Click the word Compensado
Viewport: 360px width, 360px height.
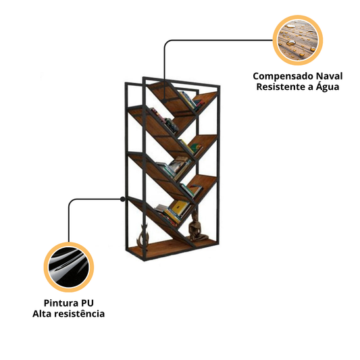coord(283,76)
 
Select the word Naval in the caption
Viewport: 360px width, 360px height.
coord(329,76)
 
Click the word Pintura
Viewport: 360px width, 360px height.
coord(59,303)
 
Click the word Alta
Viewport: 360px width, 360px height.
coord(41,313)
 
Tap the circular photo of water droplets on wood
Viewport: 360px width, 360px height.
coord(298,40)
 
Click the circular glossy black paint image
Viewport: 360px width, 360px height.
coord(69,267)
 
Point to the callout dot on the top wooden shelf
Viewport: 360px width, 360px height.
coord(164,101)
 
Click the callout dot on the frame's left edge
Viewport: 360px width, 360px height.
coord(123,199)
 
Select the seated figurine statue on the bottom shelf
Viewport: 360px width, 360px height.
coord(196,226)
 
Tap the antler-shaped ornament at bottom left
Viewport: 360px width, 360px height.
coord(143,235)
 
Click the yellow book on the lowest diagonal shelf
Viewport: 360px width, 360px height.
coord(179,207)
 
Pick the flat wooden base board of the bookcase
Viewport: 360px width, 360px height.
coord(172,249)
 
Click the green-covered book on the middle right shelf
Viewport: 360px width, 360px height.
coord(195,148)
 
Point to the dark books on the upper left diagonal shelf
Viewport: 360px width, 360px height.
coord(165,121)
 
